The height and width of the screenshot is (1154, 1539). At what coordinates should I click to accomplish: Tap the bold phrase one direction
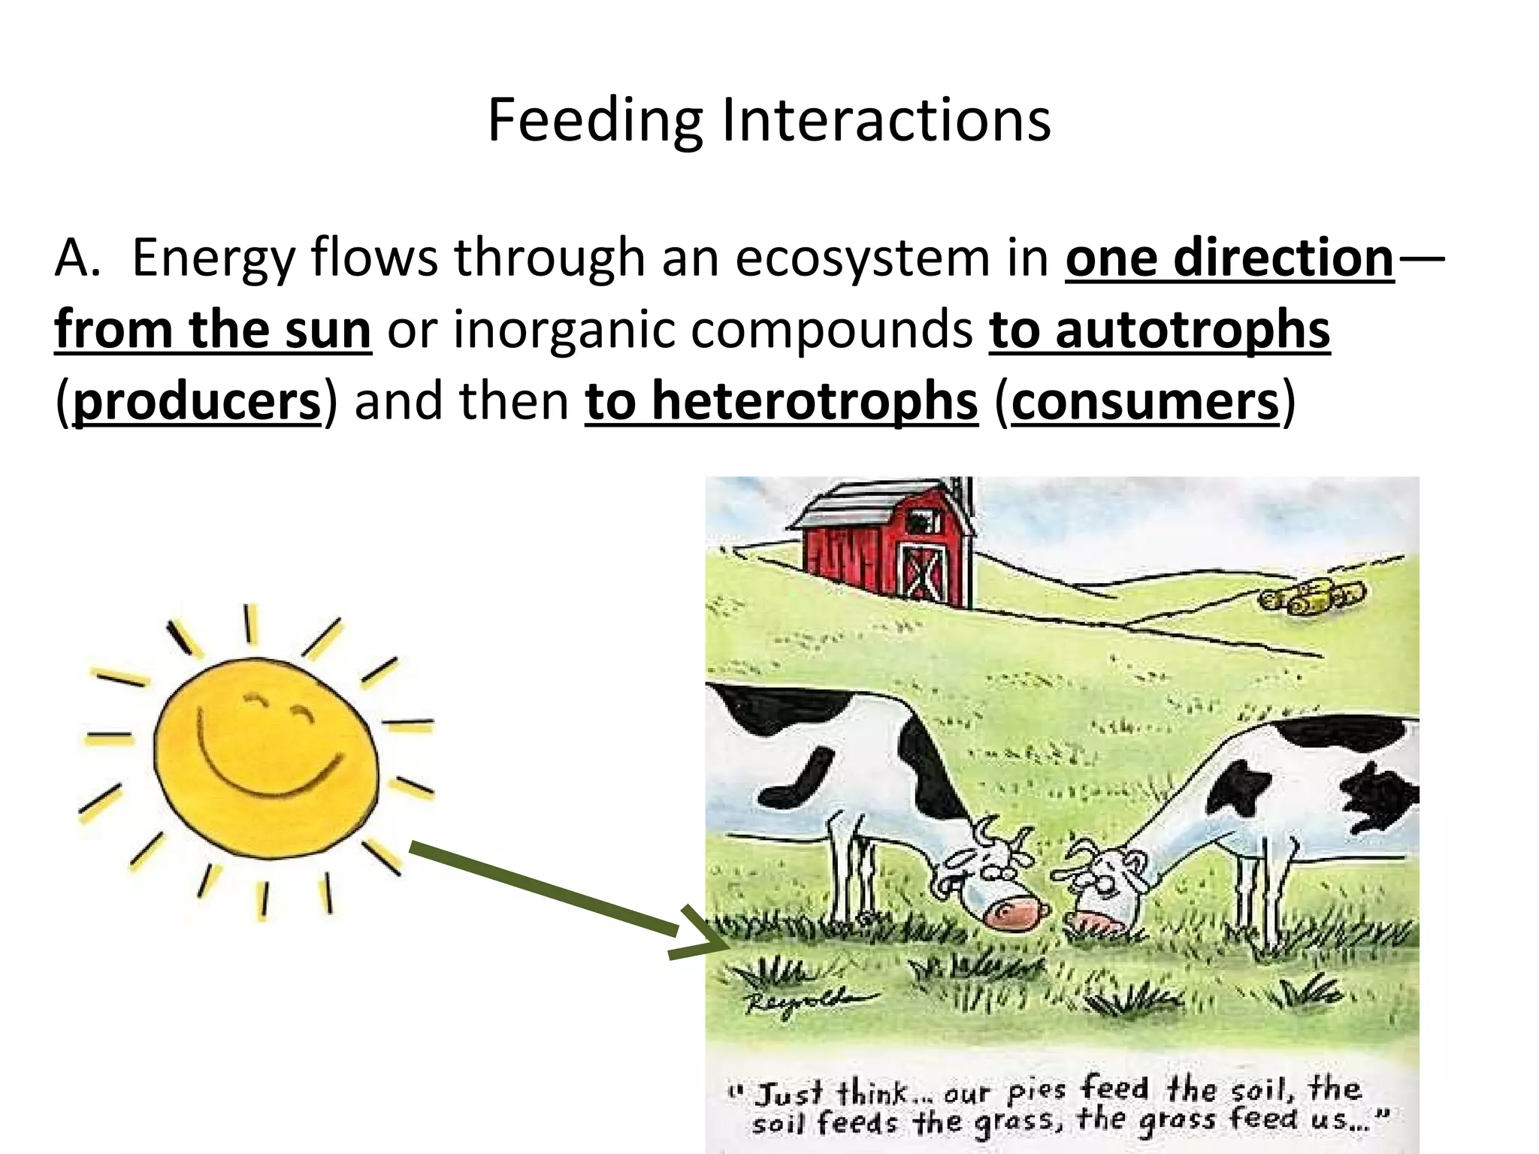[1229, 258]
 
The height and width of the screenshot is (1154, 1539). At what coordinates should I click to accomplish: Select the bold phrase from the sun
[213, 330]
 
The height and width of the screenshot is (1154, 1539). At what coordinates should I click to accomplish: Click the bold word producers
[197, 402]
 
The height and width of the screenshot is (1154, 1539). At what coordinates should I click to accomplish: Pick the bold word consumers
[1145, 402]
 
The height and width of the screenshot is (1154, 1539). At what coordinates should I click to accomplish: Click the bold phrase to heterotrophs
[782, 402]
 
